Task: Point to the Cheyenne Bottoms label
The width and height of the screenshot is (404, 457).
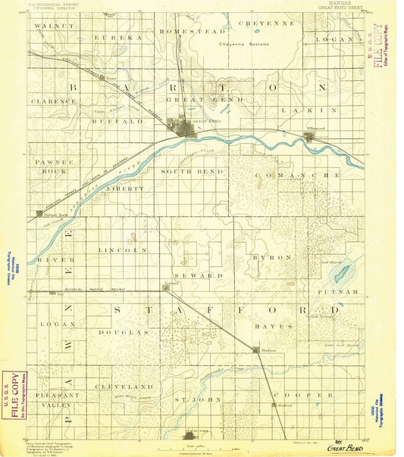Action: (x=245, y=45)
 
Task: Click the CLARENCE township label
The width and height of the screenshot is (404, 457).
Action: (x=49, y=100)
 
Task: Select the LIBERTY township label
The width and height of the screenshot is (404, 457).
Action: (x=125, y=187)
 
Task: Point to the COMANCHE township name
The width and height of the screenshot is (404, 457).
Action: (x=296, y=175)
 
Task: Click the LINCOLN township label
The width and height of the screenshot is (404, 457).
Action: (x=121, y=249)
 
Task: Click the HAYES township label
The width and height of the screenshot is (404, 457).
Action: (x=277, y=326)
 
